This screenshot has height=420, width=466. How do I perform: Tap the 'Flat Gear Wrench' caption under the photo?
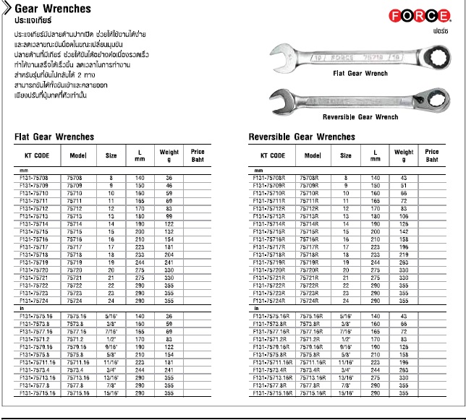[359, 74]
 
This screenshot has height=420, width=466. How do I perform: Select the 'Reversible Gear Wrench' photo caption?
[360, 116]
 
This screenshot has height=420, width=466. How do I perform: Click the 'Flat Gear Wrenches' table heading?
[55, 137]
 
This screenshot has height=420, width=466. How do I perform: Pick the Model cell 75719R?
[313, 262]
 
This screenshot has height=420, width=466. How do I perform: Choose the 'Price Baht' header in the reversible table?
[432, 155]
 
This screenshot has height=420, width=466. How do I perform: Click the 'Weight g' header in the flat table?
[169, 155]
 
